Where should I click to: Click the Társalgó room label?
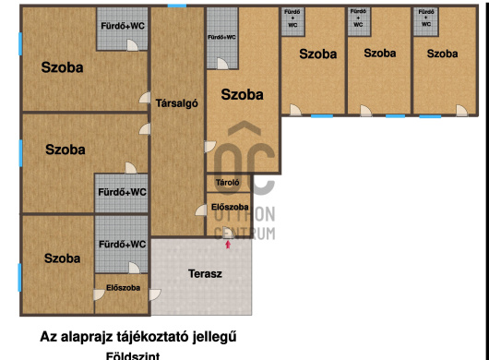tap(177, 103)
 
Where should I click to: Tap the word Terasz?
tap(205, 274)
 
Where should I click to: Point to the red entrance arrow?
tap(228, 244)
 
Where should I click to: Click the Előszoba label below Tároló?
tap(229, 208)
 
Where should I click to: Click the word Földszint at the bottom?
tap(137, 354)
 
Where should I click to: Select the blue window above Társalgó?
tap(177, 6)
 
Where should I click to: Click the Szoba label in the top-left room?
tap(62, 67)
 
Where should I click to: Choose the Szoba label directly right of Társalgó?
tap(242, 94)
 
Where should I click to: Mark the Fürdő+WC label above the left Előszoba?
tap(122, 245)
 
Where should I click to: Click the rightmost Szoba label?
tap(442, 54)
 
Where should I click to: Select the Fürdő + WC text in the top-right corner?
tap(424, 18)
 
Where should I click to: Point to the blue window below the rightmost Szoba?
tap(430, 116)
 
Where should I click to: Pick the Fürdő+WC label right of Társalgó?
tap(221, 38)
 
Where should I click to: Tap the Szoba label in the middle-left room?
tap(65, 150)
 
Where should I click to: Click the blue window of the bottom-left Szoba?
tap(19, 276)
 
